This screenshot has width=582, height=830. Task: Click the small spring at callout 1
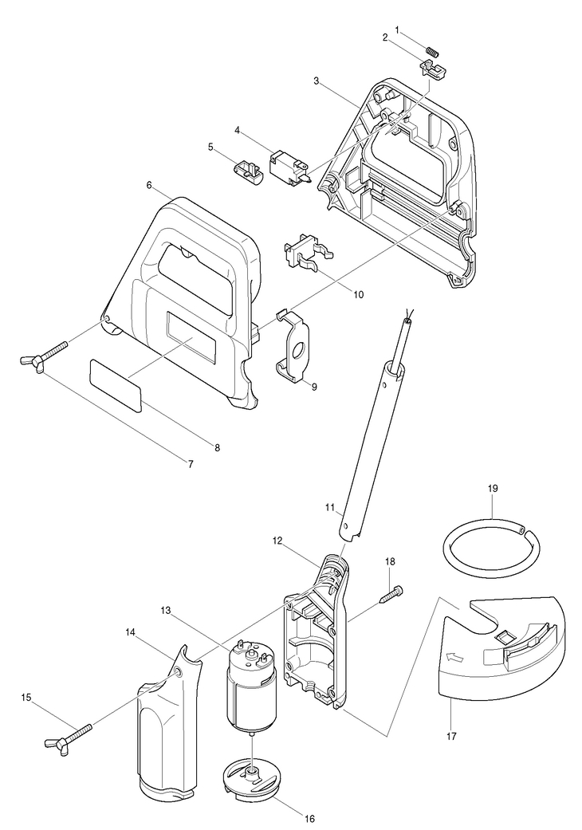click(x=433, y=52)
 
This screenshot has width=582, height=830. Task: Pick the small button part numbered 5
click(x=248, y=169)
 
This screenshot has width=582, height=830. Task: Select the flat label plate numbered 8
click(x=116, y=384)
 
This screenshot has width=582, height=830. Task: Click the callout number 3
click(x=317, y=81)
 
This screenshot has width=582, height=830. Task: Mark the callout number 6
click(x=149, y=184)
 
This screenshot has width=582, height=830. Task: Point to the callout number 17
click(x=452, y=736)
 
